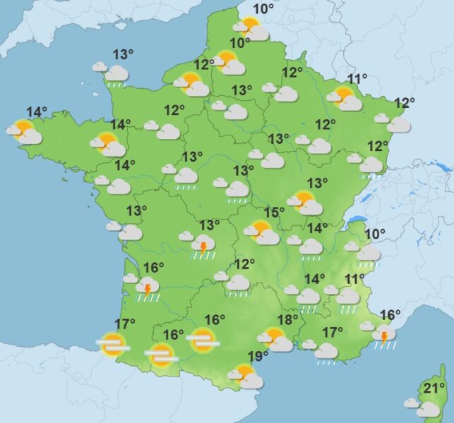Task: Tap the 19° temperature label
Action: [257, 355]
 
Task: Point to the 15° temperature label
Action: [274, 213]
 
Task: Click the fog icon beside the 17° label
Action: [112, 344]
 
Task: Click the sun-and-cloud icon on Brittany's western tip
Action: [24, 131]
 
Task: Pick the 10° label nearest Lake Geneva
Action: [375, 234]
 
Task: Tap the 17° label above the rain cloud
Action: [333, 332]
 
